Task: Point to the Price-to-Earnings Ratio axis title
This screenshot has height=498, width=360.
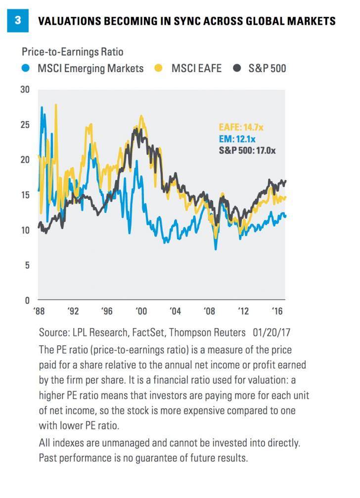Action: click(x=72, y=51)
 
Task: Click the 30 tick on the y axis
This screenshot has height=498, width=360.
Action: click(x=25, y=90)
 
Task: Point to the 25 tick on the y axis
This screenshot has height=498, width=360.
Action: click(x=25, y=124)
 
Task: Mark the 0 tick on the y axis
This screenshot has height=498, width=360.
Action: click(x=27, y=300)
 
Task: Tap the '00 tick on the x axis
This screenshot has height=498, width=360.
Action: click(x=141, y=312)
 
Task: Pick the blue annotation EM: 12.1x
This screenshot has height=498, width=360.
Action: click(x=237, y=139)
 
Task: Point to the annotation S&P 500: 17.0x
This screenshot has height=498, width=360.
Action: click(x=247, y=150)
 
